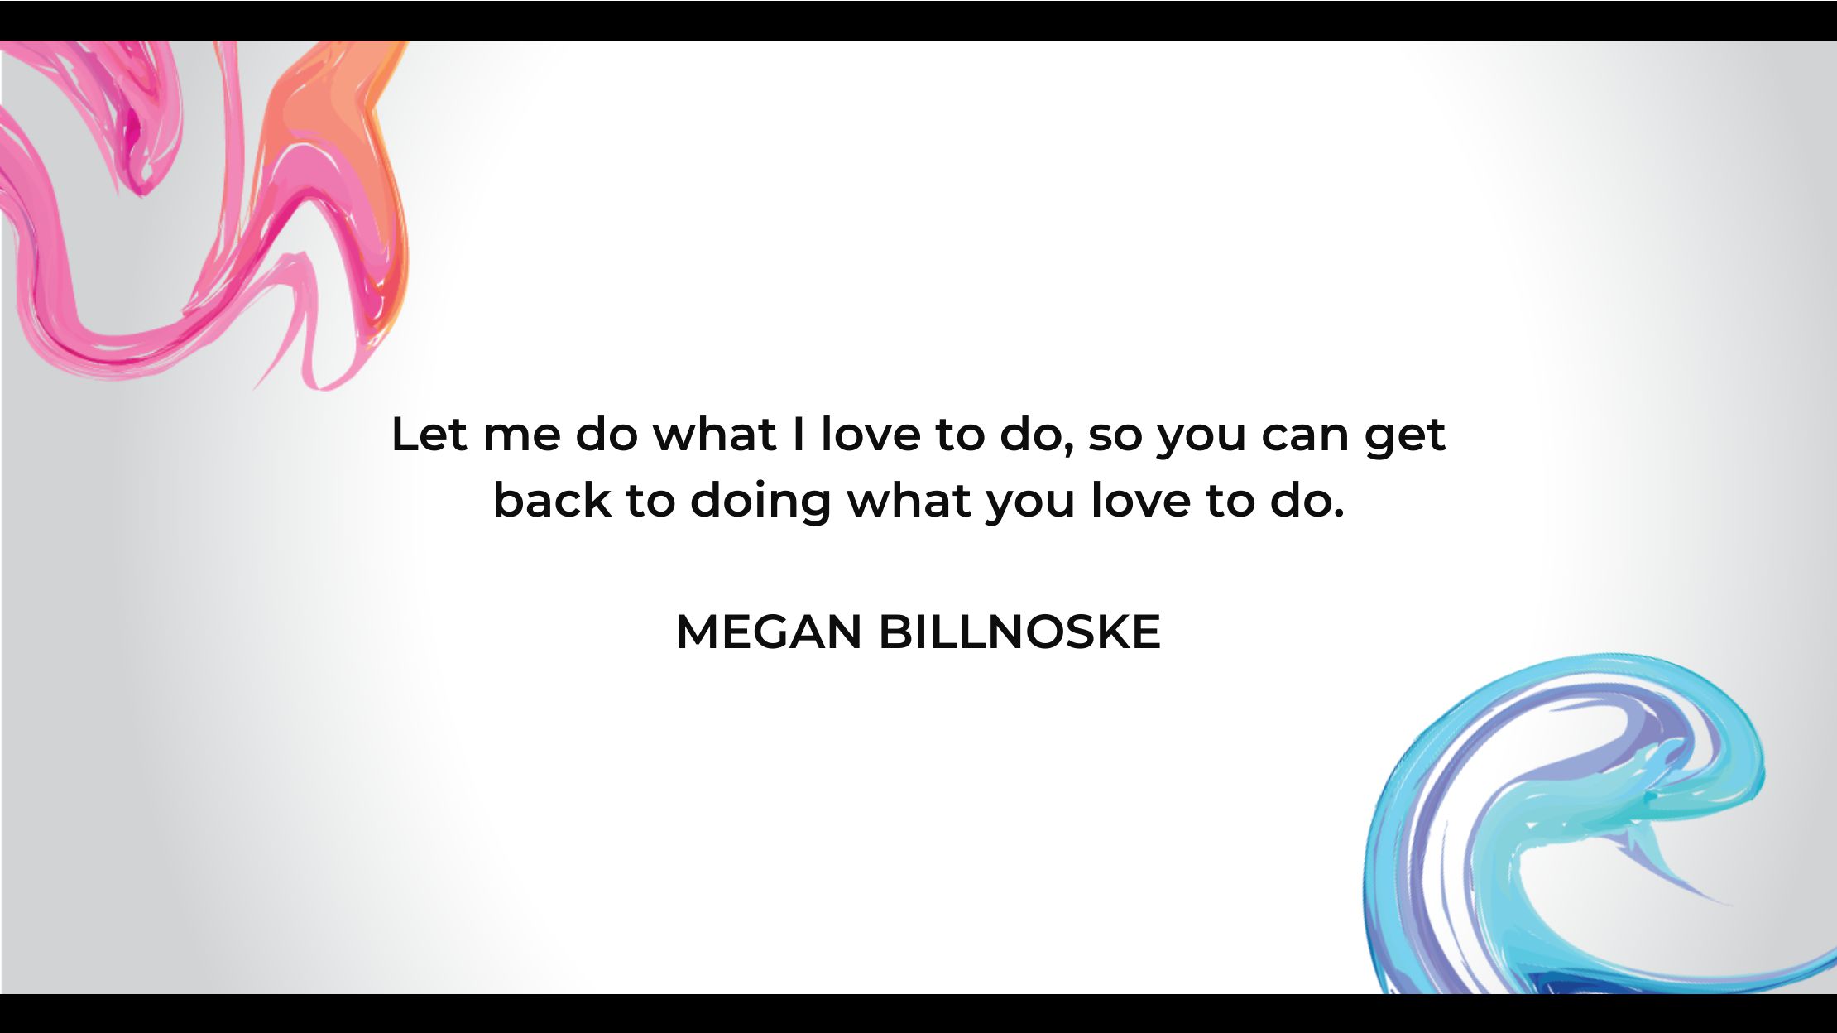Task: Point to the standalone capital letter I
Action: click(x=799, y=434)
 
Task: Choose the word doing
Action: click(x=760, y=502)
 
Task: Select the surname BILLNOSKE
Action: click(x=1019, y=632)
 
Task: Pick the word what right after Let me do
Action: click(x=715, y=434)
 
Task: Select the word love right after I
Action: click(x=870, y=434)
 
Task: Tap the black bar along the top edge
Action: click(x=918, y=20)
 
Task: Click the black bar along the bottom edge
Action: click(x=918, y=1013)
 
